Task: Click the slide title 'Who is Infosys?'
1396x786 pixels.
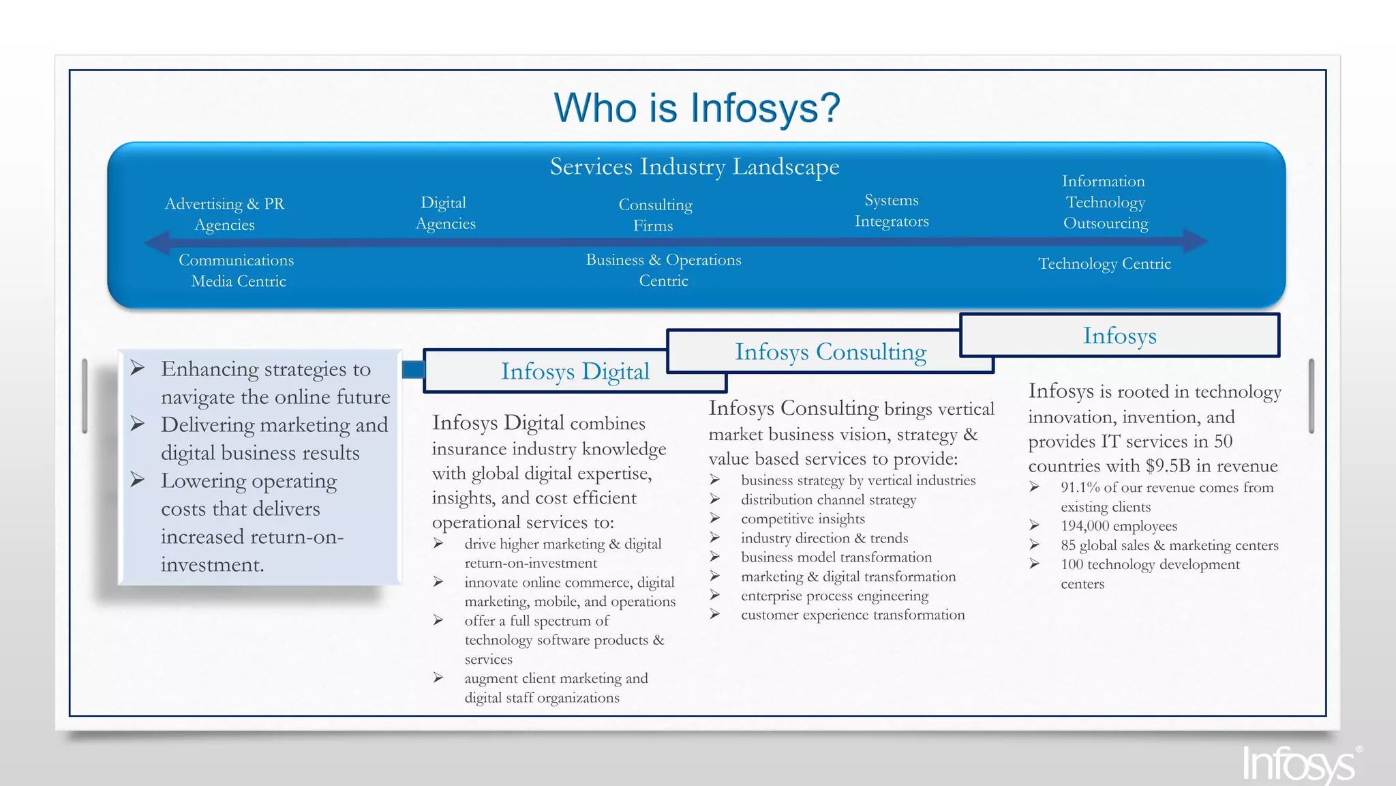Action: point(697,108)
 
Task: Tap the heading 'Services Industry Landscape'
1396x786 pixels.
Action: point(694,166)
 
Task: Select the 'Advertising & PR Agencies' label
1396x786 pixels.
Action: point(224,214)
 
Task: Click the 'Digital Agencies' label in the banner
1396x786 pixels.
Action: point(445,213)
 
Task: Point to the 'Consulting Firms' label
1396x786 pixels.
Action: point(654,215)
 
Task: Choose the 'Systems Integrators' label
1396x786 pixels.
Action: point(892,210)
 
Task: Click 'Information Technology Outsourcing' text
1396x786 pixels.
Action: point(1105,202)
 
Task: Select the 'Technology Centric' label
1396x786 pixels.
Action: point(1104,263)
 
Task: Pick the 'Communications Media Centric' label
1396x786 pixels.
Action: point(237,270)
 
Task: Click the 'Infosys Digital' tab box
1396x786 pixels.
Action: point(575,371)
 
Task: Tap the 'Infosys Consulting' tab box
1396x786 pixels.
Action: point(830,351)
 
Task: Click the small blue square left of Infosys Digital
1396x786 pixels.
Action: point(412,370)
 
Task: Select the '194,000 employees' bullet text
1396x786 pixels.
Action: point(1119,526)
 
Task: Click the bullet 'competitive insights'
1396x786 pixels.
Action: point(802,519)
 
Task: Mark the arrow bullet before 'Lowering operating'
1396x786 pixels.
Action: point(138,480)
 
